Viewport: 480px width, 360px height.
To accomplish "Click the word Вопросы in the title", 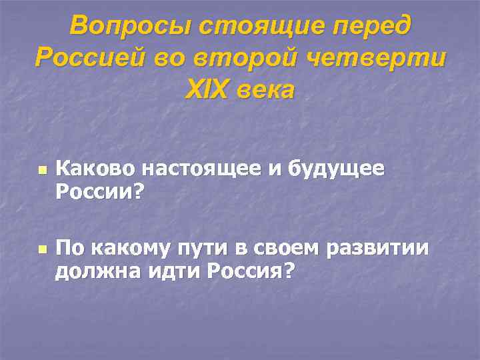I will pyautogui.click(x=121, y=26).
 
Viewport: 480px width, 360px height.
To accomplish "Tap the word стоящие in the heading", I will pyautogui.click(x=245, y=26).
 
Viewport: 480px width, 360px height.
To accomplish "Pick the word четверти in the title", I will pyautogui.click(x=375, y=58).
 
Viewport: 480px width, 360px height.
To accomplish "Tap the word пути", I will pyautogui.click(x=197, y=250).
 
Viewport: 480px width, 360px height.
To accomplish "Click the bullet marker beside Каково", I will pyautogui.click(x=41, y=171).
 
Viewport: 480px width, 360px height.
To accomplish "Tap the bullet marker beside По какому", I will pyautogui.click(x=41, y=251).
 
